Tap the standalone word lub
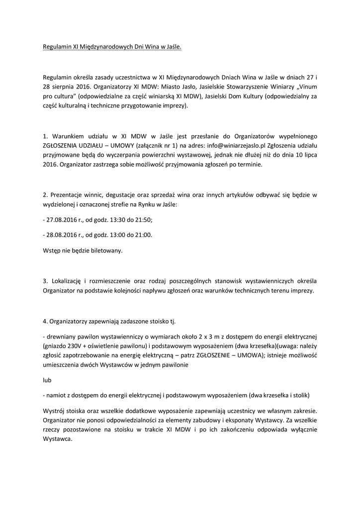click(x=47, y=380)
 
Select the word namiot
click(x=57, y=396)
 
